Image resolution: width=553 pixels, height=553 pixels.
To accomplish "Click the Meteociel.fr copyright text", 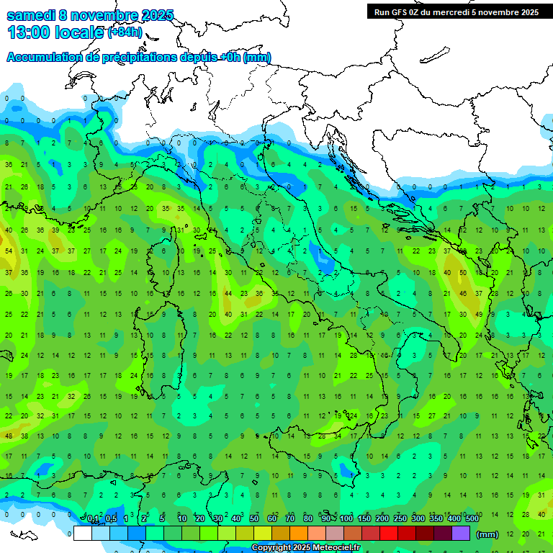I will click(x=305, y=547).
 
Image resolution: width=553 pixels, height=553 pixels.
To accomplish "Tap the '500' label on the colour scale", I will click(x=472, y=519).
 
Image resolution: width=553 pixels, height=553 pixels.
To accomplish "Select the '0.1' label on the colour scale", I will click(x=93, y=519).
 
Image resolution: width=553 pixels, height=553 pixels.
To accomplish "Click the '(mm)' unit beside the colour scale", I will click(x=487, y=534).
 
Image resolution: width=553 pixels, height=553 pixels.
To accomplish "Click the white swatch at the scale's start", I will click(x=83, y=533).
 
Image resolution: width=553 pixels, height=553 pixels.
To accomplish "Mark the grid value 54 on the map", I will click(x=9, y=251).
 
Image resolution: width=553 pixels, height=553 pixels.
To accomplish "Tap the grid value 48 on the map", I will click(x=9, y=436).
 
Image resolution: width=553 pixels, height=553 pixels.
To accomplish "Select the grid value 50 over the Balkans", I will click(x=462, y=273).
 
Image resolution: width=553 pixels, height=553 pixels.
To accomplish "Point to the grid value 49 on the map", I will click(x=479, y=315).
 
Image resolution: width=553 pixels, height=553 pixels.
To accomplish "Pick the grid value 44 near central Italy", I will click(x=228, y=294).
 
